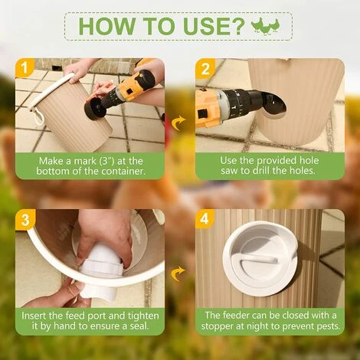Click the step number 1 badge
[25, 68]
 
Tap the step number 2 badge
[205, 68]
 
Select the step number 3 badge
[25, 220]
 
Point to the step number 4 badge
[205, 219]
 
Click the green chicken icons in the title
[266, 25]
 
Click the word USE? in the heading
[214, 26]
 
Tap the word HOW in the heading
[107, 26]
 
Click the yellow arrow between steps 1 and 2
[178, 123]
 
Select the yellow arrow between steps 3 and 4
[178, 273]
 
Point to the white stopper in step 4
[260, 260]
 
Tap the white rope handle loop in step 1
[38, 116]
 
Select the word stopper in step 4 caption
[218, 326]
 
